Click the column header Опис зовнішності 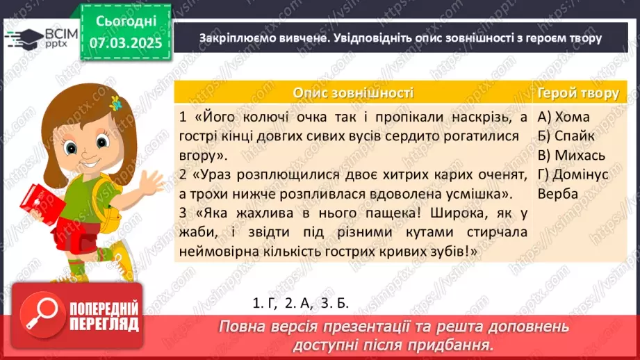click(353, 93)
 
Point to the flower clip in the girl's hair click(117, 103)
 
